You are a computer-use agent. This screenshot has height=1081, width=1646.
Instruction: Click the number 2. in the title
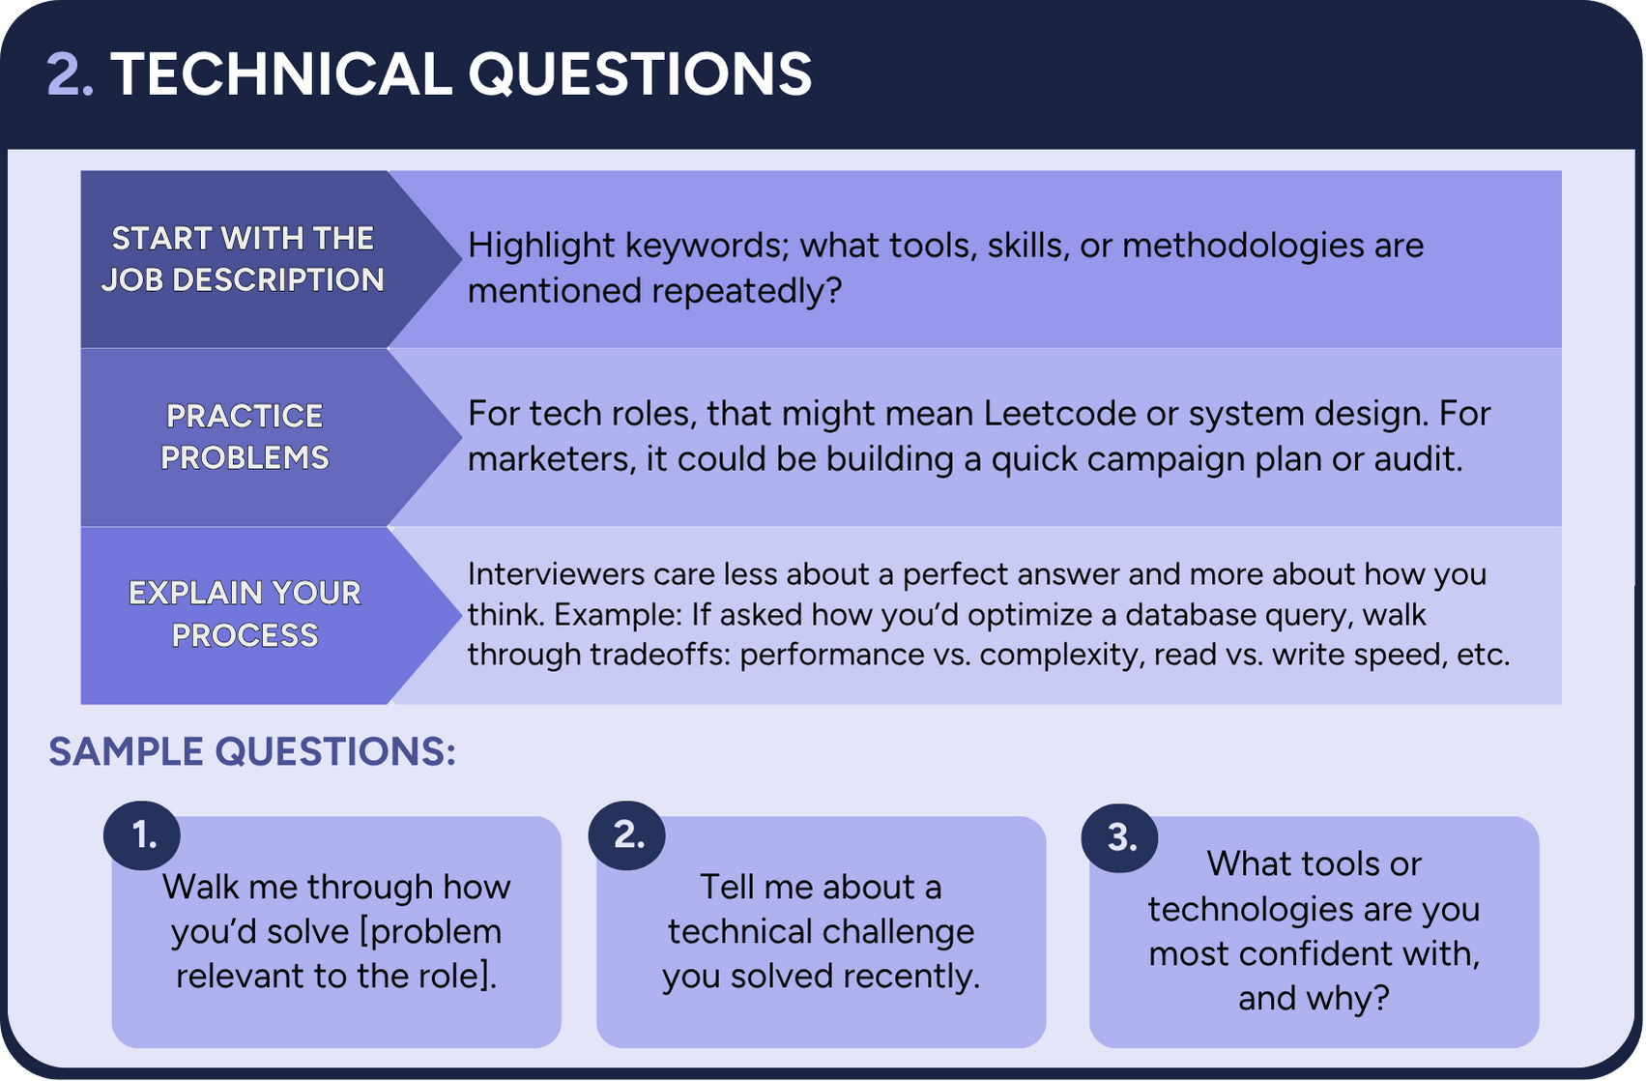coord(70,74)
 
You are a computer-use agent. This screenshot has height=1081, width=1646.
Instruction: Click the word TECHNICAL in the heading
coord(281,74)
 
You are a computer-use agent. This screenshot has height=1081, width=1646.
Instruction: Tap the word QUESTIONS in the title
coord(640,74)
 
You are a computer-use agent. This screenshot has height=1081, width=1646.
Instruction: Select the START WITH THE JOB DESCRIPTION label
coord(243,259)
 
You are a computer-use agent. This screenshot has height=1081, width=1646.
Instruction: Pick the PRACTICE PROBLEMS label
coord(245,437)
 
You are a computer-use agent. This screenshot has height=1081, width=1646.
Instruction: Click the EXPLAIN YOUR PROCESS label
coord(245,614)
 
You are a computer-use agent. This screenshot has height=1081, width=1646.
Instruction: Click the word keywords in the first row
coord(704,246)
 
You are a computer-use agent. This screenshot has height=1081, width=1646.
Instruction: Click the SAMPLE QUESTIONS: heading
coord(251,752)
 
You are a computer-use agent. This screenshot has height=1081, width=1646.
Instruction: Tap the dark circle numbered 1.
coord(142,835)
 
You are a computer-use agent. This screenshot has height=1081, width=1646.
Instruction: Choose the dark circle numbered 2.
coord(627,835)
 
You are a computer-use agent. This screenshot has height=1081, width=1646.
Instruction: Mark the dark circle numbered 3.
coord(1119,837)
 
